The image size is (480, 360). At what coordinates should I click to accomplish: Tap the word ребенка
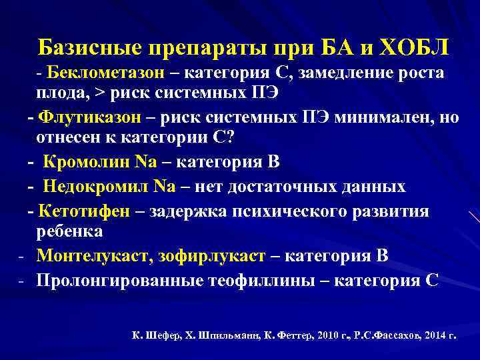(x=69, y=232)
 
